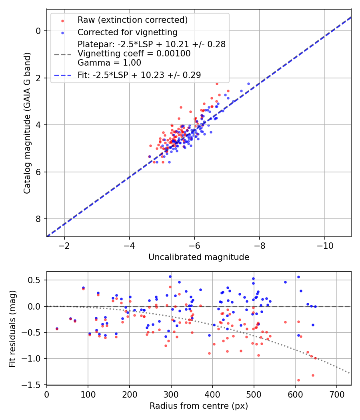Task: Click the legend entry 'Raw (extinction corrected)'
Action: [x=132, y=20]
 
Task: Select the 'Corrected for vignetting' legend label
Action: [x=127, y=32]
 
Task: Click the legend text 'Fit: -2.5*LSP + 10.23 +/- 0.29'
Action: [x=139, y=75]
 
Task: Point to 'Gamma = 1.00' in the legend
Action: [x=109, y=62]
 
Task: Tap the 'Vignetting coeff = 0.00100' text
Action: [x=134, y=54]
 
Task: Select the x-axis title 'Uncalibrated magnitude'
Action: [x=199, y=257]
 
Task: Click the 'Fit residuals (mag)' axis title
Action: [x=12, y=328]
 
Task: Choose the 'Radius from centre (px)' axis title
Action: [x=199, y=406]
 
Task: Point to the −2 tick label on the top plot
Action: [x=64, y=245]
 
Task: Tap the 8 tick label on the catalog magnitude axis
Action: [x=39, y=219]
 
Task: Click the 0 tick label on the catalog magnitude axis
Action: [x=39, y=31]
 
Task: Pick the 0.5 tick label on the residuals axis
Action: [x=36, y=280]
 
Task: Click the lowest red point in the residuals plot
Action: [x=298, y=380]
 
